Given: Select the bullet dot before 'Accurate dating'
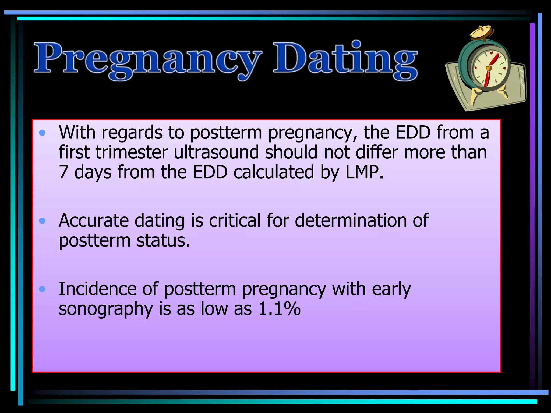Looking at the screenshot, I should (x=42, y=221).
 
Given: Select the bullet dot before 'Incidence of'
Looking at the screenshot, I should (x=42, y=289).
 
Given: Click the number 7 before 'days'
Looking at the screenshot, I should (x=63, y=172).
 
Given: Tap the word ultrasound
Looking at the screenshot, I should (x=216, y=152).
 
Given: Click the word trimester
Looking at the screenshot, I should (x=132, y=152).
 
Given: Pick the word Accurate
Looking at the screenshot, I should (x=94, y=221).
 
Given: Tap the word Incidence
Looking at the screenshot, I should (x=97, y=289).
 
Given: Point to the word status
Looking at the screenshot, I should (x=163, y=241).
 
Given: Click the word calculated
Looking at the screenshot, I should (x=274, y=172).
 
